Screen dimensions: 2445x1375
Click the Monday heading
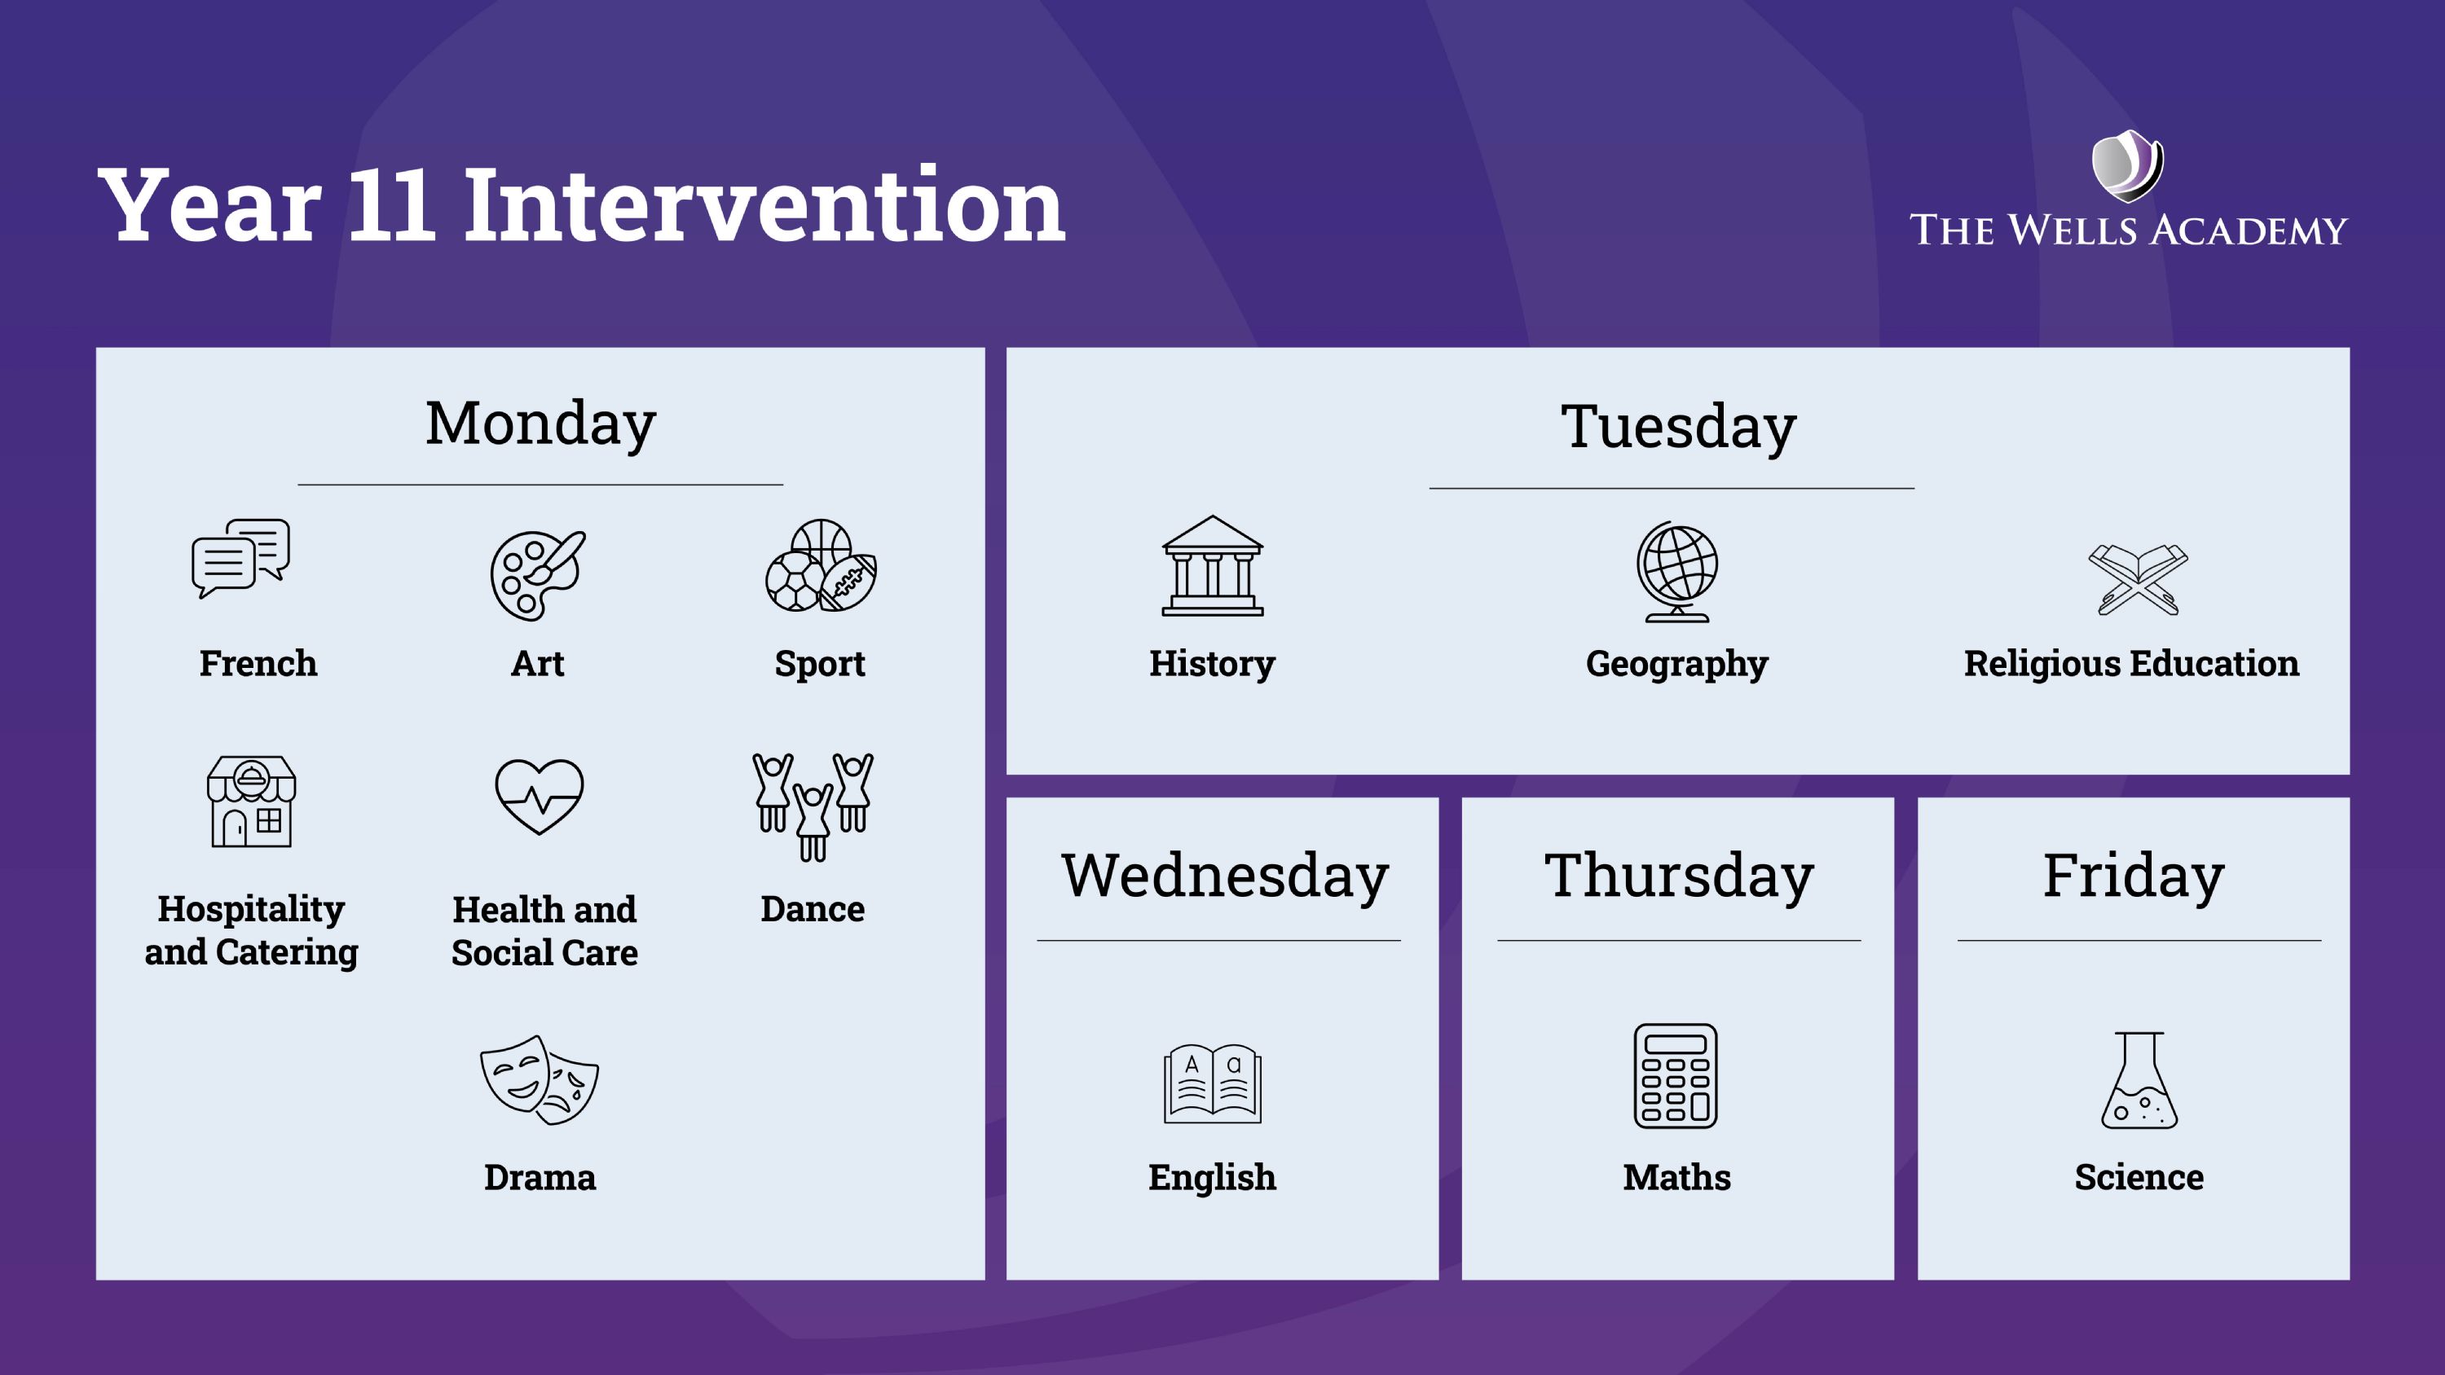tap(540, 424)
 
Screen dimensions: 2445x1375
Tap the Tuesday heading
tap(1678, 427)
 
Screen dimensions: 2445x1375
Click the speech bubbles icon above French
tap(241, 558)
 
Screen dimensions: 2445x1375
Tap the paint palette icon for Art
tap(538, 575)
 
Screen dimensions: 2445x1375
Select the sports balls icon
tap(821, 565)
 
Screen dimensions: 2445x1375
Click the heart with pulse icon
tap(539, 796)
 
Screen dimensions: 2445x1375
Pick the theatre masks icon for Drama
tap(539, 1080)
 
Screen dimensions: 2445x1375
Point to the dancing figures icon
tap(813, 806)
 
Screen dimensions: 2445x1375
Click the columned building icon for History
tap(1212, 565)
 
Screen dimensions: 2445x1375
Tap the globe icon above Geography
tap(1677, 571)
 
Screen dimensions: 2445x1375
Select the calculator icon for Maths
tap(1676, 1076)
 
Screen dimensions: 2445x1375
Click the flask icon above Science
tap(2139, 1080)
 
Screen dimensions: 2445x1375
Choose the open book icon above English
tap(1212, 1083)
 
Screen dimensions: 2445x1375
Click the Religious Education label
tap(2132, 663)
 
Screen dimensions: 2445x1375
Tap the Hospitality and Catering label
tap(252, 930)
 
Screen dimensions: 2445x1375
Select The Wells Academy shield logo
tap(2128, 166)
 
